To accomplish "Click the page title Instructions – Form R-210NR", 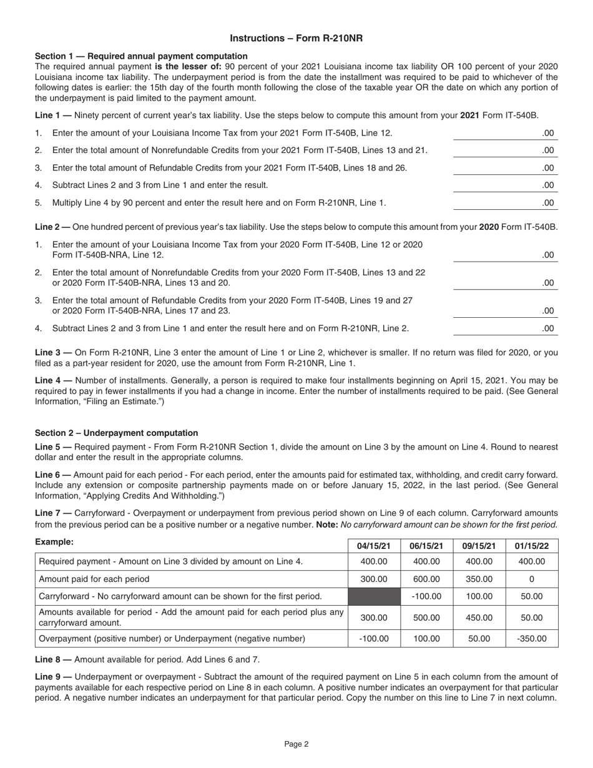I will [x=296, y=38].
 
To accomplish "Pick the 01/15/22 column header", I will [x=532, y=545].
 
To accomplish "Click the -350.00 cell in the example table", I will [x=532, y=639].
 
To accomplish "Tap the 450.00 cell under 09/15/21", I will [x=479, y=618].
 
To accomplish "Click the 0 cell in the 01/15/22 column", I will [x=532, y=579].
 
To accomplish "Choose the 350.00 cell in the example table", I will [x=479, y=579].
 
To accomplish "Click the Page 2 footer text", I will [x=296, y=744].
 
